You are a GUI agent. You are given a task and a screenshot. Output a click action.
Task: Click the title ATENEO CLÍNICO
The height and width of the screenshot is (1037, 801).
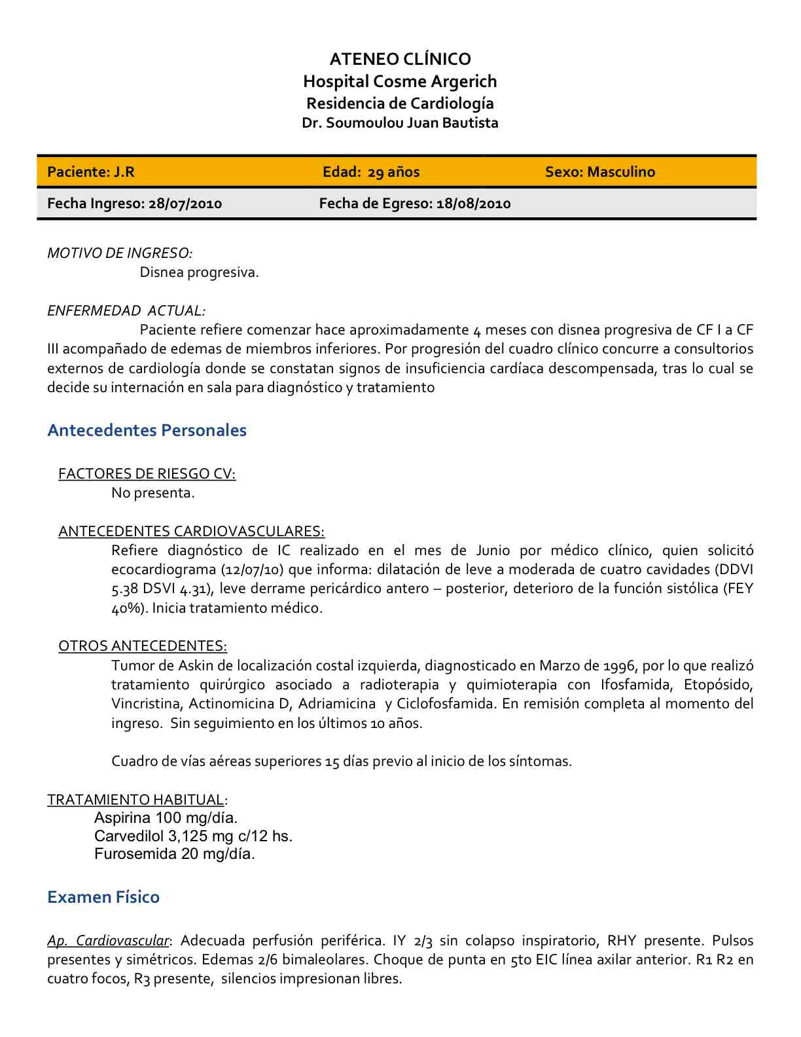pos(400,59)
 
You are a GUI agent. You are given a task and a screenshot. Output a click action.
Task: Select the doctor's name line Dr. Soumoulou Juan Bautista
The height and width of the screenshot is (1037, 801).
pos(400,123)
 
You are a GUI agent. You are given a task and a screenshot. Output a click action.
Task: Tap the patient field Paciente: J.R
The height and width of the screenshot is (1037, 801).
pos(91,172)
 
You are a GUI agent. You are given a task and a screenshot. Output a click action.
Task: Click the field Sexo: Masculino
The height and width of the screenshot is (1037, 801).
pos(599,172)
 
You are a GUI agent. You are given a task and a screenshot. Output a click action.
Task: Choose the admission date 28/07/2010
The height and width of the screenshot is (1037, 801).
pos(185,204)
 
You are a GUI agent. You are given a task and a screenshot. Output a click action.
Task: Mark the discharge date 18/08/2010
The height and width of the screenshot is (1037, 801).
pos(473,204)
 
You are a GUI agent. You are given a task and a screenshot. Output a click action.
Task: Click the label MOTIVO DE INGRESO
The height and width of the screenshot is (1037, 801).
pos(119,253)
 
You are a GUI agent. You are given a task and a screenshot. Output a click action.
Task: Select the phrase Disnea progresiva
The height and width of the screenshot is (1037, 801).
pos(199,272)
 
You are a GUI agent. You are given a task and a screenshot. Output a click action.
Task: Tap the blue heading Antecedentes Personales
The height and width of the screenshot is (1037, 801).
pos(147,430)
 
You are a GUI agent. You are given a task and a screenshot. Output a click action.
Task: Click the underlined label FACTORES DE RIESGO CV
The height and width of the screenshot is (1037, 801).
pos(147,473)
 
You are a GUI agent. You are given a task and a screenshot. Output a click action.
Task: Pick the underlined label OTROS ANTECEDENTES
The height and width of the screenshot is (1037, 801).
pos(143,646)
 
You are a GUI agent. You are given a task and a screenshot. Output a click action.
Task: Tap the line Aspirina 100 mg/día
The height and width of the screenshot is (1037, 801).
pos(166,818)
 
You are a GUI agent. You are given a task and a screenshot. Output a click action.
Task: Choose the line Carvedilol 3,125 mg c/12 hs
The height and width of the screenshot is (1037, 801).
pos(193,836)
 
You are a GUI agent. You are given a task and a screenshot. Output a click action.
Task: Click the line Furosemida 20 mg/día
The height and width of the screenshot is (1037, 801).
pos(174,854)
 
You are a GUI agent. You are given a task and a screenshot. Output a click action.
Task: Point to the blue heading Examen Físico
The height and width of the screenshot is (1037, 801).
pos(103,897)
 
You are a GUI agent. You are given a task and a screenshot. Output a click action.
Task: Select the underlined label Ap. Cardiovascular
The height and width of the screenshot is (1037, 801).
pos(108,941)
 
